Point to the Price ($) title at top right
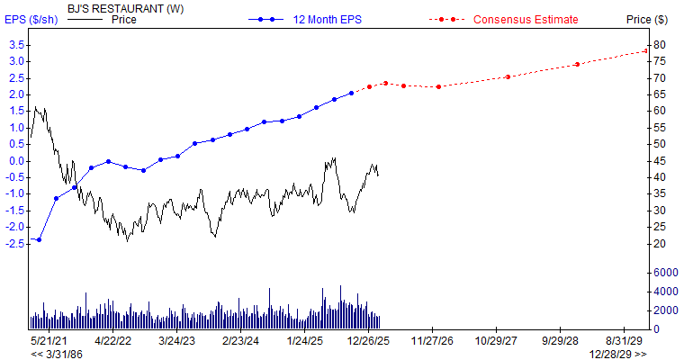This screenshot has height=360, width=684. tap(646, 19)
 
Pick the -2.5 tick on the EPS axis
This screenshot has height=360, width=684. tap(13, 244)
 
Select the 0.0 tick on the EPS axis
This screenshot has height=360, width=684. tap(14, 161)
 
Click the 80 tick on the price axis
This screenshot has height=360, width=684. tap(660, 44)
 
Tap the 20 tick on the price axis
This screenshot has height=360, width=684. tap(660, 244)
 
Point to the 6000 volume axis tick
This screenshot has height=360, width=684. tap(666, 272)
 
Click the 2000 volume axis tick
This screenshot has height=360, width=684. tap(666, 310)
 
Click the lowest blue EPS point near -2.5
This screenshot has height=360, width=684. tap(39, 239)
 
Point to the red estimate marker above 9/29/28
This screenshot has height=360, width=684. tap(577, 64)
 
